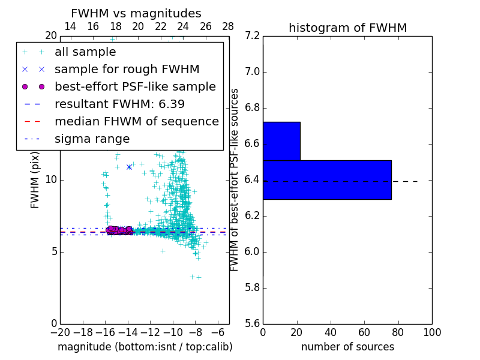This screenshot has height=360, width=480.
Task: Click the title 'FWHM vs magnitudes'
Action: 136,14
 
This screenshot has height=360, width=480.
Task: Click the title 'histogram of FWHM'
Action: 347,28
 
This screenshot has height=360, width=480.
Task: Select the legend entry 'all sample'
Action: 85,52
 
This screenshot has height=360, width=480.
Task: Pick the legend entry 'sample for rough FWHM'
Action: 127,69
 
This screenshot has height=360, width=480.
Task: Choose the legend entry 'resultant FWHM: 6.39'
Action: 119,104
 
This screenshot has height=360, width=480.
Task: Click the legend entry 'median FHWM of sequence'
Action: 136,121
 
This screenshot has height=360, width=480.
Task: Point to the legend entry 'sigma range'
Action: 92,139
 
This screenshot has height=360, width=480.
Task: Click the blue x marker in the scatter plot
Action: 129,167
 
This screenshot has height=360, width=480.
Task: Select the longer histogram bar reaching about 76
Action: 327,179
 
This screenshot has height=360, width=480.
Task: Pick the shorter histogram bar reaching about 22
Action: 281,141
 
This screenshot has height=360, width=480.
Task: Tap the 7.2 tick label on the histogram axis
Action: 253,36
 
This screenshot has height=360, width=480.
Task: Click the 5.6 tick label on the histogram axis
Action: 253,323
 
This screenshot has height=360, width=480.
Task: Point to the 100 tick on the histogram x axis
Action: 431,332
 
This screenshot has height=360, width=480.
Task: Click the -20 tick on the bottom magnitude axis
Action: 59,332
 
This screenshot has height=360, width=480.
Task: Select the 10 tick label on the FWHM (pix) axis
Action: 50,180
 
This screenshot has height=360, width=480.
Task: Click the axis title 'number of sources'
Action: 347,347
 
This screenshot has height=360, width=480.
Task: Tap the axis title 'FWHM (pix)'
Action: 35,179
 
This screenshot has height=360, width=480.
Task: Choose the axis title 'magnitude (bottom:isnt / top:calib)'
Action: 145,347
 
